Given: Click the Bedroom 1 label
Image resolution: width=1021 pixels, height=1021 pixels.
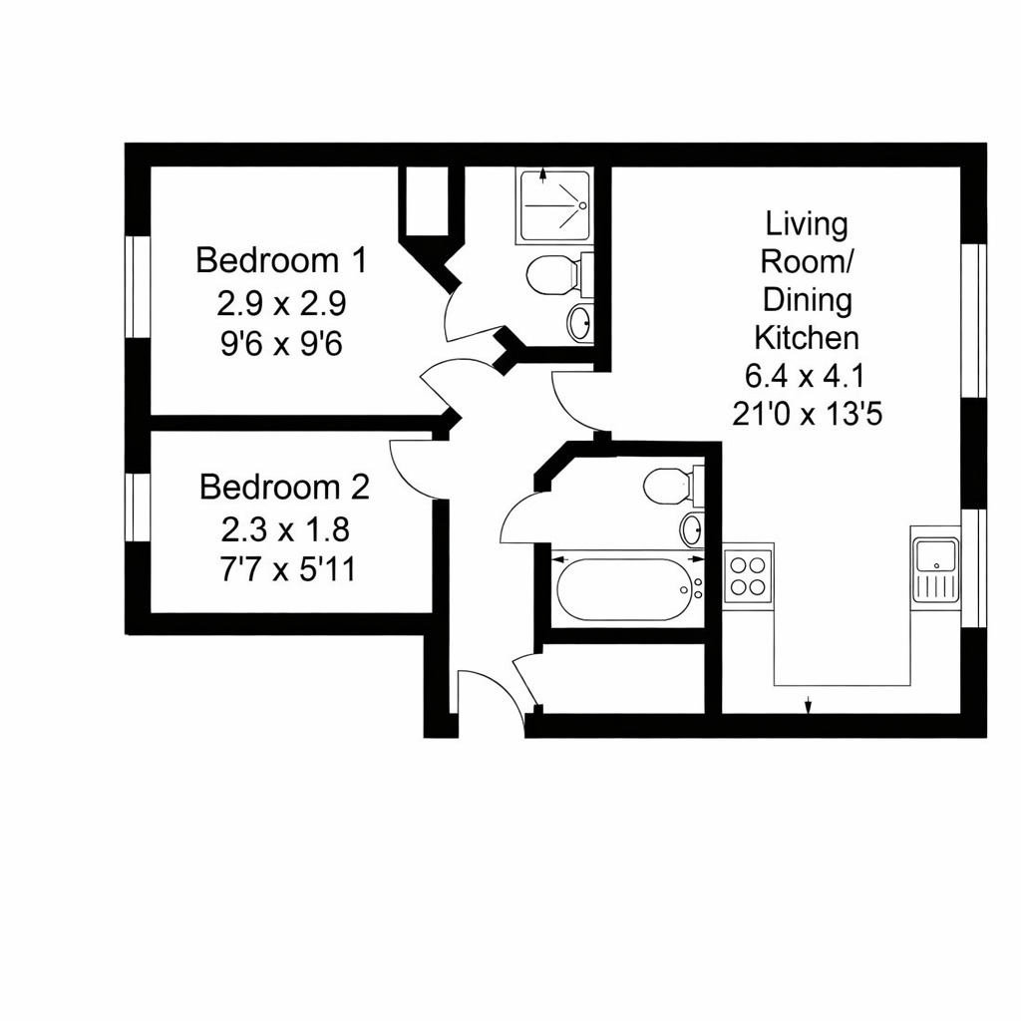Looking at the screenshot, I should click(281, 260).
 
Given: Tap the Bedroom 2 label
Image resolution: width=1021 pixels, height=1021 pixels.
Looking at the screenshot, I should click(284, 488).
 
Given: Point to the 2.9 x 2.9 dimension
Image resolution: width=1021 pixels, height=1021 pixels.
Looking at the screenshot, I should click(281, 302).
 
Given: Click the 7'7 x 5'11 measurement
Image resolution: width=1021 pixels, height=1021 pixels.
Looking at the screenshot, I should click(284, 569).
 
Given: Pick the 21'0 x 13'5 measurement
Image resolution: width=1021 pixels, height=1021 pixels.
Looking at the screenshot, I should click(807, 414).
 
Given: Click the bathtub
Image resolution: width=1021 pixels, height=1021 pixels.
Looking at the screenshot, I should click(624, 589).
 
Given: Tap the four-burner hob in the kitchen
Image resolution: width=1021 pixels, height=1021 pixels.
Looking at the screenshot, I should click(748, 574).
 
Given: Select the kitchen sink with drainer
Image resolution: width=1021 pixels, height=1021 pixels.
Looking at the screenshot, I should click(935, 569).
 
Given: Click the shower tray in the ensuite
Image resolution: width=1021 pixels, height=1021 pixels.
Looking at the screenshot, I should click(554, 205).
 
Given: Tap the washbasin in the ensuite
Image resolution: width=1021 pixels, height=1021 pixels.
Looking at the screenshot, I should click(579, 321).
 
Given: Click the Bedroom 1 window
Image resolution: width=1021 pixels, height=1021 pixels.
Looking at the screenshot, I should click(138, 286).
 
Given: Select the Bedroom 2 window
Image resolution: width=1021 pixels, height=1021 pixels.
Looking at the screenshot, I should click(138, 508).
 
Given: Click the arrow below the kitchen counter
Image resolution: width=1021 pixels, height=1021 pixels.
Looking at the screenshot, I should click(808, 706).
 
